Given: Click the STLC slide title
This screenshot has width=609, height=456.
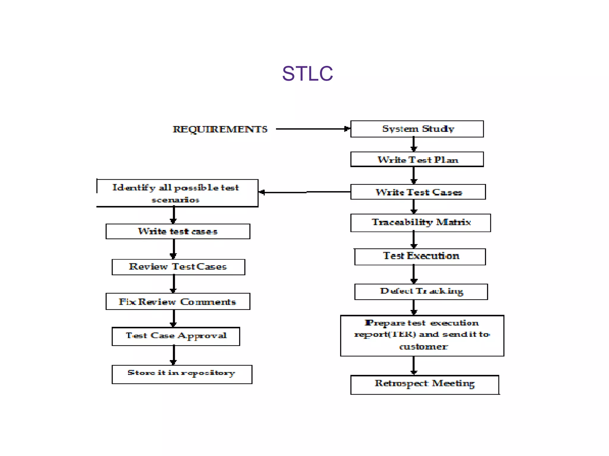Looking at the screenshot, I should coord(307,74).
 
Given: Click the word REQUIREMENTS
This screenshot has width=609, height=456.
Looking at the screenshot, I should coord(220,129).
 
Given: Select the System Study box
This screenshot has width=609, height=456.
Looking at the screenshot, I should coord(417,129).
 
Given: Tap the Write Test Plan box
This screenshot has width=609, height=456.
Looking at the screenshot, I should coord(417,160).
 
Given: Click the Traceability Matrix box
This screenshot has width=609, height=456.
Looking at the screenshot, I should coord(420,223).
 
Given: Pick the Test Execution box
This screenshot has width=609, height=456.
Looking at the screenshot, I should coord(420,256).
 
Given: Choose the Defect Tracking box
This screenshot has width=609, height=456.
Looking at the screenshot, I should coord(421,292).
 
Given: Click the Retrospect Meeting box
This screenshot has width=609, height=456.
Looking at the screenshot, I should coord(425,385).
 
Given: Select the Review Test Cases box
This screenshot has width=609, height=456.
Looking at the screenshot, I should coord(178,267).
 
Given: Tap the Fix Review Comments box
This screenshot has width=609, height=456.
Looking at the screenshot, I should coord(178,302).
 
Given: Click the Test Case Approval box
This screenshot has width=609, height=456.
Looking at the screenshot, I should coord(176,336).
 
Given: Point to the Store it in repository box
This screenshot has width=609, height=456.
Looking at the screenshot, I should coord(182,374).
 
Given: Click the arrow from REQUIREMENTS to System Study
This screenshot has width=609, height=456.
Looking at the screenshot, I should coord(312,129).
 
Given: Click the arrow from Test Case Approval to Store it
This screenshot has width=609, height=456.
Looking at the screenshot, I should coord(174,355).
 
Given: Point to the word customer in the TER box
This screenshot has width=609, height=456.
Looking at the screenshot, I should coord(423,347).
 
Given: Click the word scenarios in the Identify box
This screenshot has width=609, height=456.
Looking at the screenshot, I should coord(175,200).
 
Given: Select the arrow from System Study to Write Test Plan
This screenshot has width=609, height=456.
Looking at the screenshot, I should coord(414,144).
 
